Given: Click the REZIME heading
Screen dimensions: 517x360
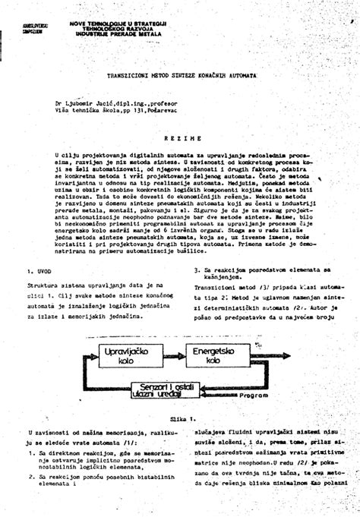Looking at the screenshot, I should pyautogui.click(x=182, y=139).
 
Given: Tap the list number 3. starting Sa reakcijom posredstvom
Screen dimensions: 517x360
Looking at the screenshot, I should pyautogui.click(x=197, y=269).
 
